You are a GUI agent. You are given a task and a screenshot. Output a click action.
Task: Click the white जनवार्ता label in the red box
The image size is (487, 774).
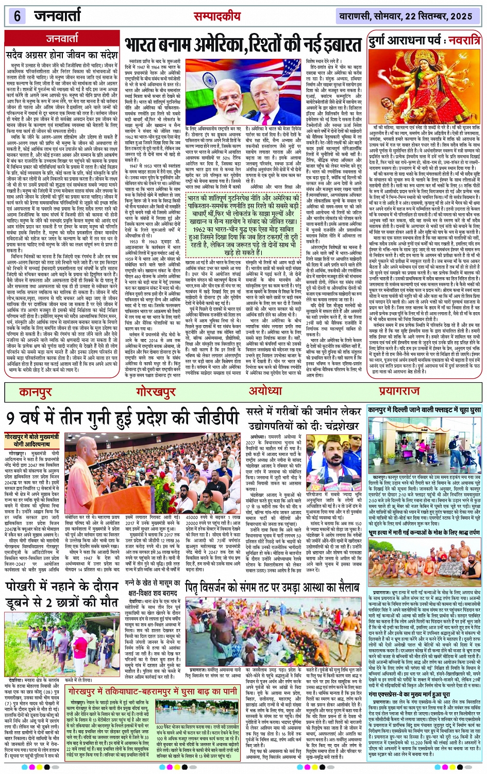pyautogui.click(x=62, y=38)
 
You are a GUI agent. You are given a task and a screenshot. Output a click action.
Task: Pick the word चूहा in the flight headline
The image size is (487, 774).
pyautogui.click(x=453, y=410)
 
